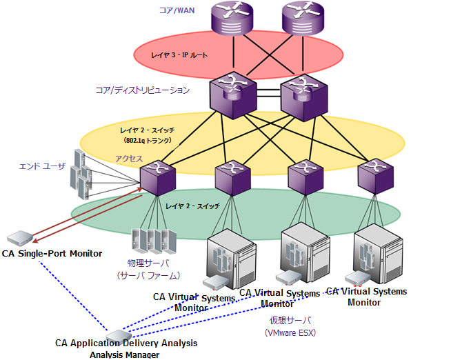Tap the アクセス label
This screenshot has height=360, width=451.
click(x=128, y=159)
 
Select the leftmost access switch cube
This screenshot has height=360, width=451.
click(x=156, y=177)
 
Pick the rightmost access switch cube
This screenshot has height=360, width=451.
click(x=375, y=176)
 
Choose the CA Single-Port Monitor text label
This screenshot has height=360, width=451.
click(x=52, y=254)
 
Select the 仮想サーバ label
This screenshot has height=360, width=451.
click(x=290, y=321)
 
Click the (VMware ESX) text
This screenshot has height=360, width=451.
click(x=290, y=332)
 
